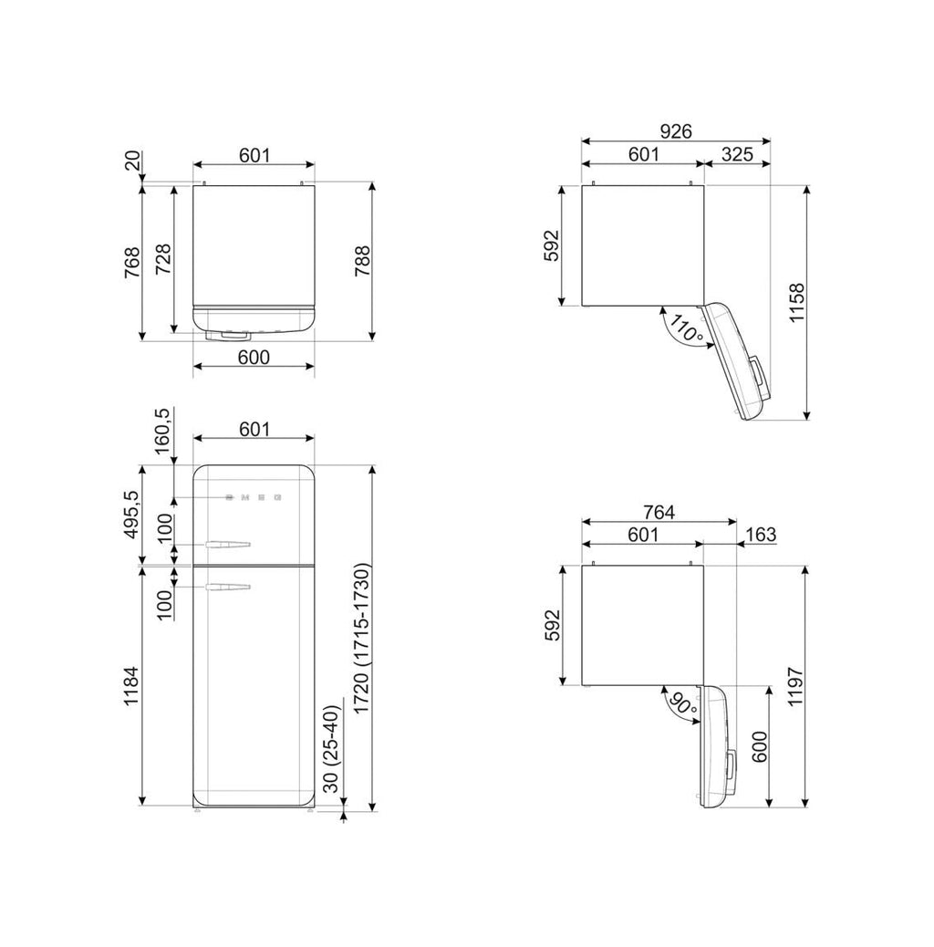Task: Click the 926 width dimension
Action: coord(676,131)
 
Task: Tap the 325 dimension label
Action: coord(737,154)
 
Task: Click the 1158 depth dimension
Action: coord(797,303)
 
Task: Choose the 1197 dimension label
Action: coord(795,687)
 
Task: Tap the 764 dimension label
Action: coord(659,512)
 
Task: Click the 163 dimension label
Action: coord(761,535)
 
